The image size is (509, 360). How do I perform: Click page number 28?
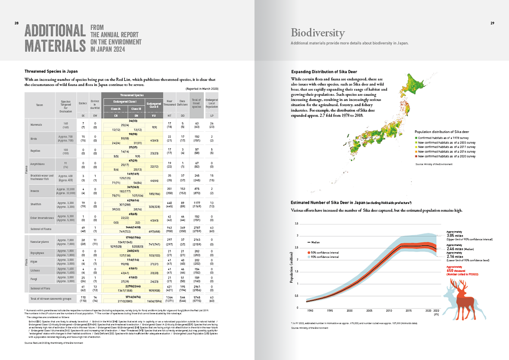pos(16,23)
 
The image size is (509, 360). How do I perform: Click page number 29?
pos(492,23)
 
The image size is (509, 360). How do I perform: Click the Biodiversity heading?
pos(317,33)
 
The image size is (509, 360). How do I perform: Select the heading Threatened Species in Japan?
pos(51,71)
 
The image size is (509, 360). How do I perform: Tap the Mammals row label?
pos(36,125)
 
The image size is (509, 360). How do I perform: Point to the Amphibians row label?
pos(38,164)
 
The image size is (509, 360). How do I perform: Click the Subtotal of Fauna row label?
pos(41,228)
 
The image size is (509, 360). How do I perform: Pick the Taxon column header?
pos(40,104)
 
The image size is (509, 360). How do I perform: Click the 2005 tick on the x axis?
pos(369,310)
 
